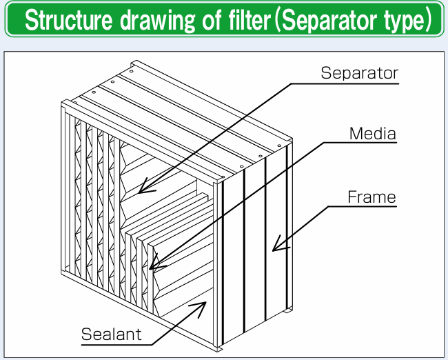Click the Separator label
(x=359, y=72)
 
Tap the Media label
(x=373, y=133)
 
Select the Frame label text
(x=371, y=197)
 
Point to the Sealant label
(x=111, y=334)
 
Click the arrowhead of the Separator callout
(x=140, y=190)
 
